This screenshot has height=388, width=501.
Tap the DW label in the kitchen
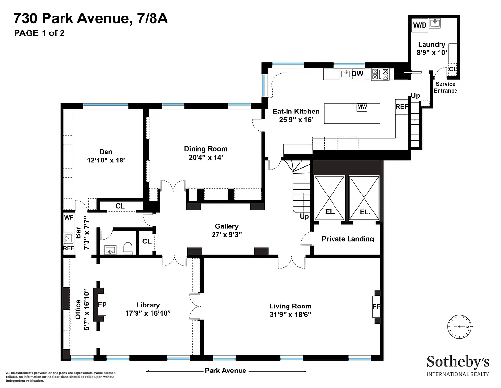coord(357,74)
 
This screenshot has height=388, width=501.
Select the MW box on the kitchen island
coord(362,107)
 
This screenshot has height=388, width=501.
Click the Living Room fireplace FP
coord(377,307)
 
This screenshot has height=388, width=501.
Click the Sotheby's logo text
coord(457,362)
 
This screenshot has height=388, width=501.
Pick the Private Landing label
coord(348,239)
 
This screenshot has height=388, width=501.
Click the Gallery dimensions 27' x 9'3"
coord(227,234)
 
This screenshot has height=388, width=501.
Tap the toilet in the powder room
coord(128,249)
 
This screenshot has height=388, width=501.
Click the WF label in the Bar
coord(68,218)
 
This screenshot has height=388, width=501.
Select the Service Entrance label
coord(445,87)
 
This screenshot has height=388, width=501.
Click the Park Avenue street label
coord(226,371)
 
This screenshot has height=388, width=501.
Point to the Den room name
coord(106,152)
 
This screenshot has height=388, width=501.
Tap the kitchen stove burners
coord(380,74)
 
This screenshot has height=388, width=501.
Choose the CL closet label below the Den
coord(120,206)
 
